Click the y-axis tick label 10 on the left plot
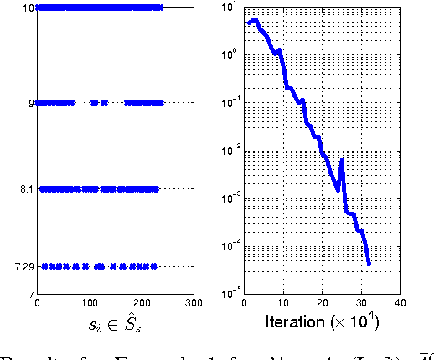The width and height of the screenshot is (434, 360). pyautogui.click(x=28, y=8)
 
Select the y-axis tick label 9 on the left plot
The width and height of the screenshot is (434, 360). pyautogui.click(x=31, y=103)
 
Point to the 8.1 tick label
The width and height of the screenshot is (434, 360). pyautogui.click(x=28, y=189)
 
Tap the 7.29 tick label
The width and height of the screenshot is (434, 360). pyautogui.click(x=24, y=267)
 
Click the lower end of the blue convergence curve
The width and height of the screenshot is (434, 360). pyautogui.click(x=369, y=265)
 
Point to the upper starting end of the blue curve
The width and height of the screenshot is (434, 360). pyautogui.click(x=249, y=23)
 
